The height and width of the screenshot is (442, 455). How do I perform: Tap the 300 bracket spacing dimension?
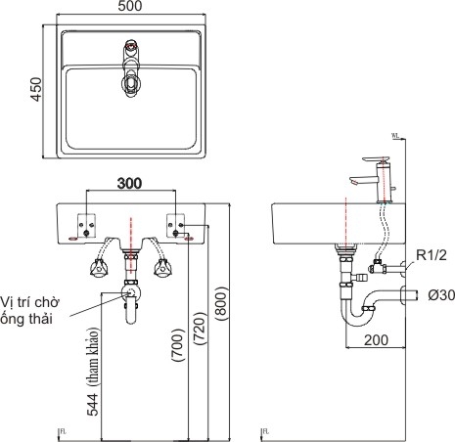129,183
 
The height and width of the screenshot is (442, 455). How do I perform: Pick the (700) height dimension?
176,345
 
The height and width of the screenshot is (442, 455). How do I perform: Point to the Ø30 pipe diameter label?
433,294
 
